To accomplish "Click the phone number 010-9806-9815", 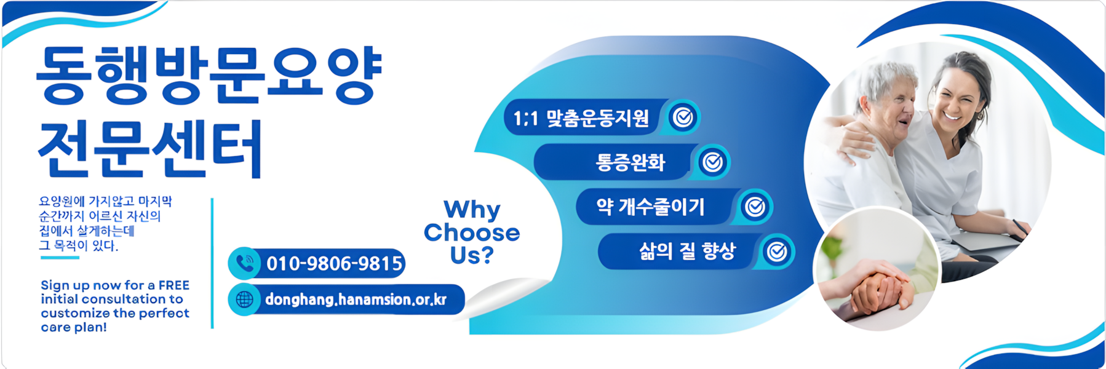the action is point(334,264).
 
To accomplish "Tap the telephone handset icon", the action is point(245,264).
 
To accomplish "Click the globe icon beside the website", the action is point(244,300).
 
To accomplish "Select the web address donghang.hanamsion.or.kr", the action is point(356,300).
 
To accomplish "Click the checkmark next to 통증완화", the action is point(713,162).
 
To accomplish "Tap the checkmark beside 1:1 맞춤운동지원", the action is point(683,117).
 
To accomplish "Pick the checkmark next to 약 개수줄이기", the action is point(755,207).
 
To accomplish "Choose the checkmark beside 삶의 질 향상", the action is point(778,252).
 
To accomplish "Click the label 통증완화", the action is point(631,162).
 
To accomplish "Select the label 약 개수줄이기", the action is point(650,207).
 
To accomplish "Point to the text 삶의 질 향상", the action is point(687,251).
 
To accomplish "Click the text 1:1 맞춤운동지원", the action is point(581,117).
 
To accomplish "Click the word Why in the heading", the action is point(472,210).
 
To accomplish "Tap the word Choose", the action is point(472,232).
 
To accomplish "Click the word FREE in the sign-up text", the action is point(173,285).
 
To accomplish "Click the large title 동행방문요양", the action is point(209,74).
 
